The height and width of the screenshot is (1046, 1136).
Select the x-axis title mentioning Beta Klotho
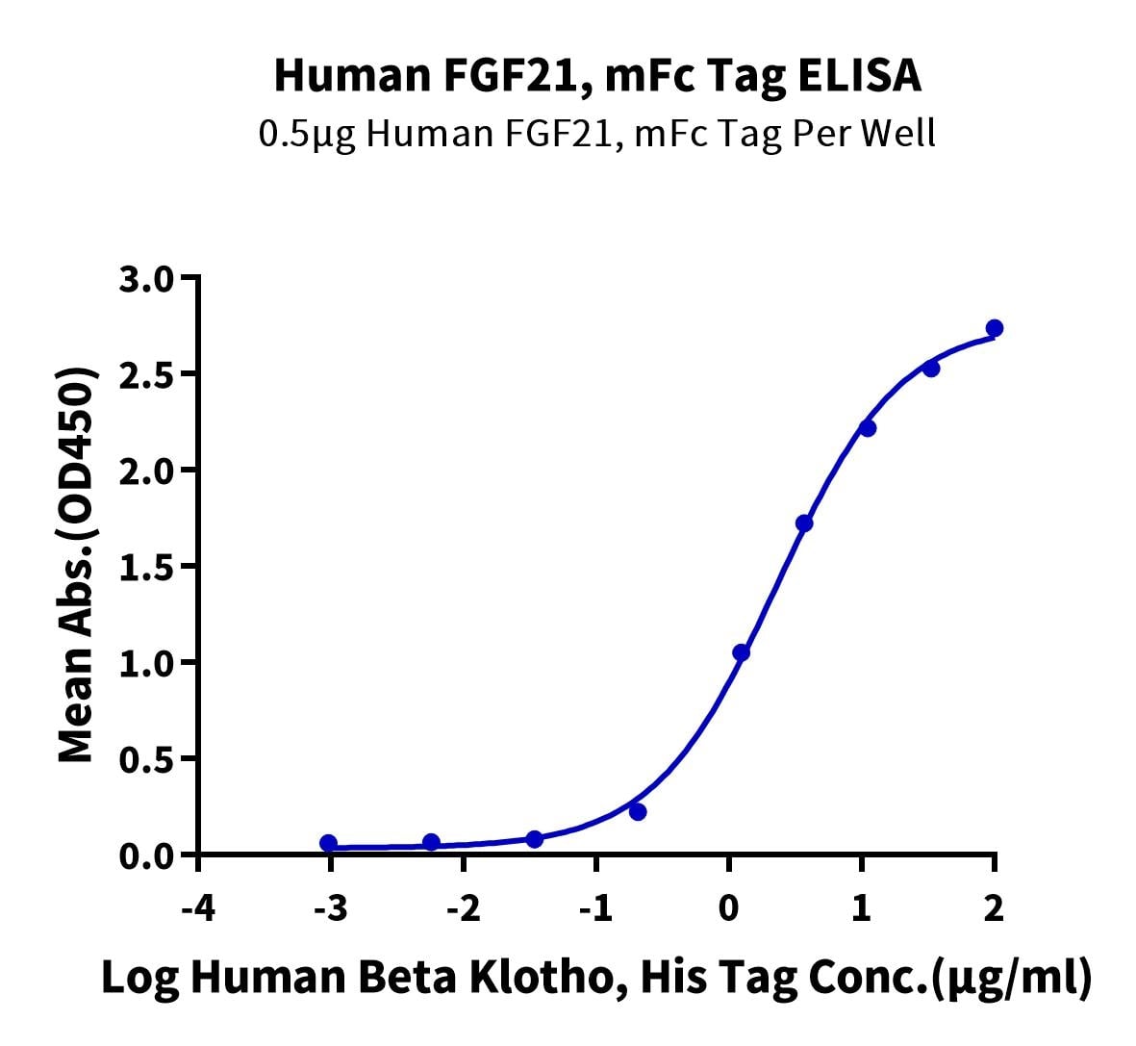596,978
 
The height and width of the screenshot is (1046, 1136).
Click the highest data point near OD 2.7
995,328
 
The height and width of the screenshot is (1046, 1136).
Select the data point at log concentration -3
329,843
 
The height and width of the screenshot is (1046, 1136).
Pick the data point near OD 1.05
741,652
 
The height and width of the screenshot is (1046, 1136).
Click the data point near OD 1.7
804,523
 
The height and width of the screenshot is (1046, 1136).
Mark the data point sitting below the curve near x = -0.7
638,812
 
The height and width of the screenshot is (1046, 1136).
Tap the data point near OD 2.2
868,428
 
